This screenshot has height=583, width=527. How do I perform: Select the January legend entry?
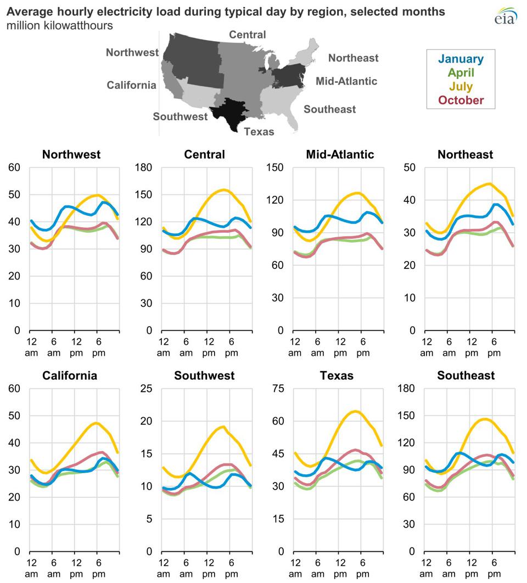coord(461,59)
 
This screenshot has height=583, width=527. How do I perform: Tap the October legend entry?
coord(461,100)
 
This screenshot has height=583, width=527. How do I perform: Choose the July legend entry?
coord(461,86)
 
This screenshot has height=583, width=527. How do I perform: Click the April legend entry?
coord(461,72)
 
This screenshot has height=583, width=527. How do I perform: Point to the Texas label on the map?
coord(259,131)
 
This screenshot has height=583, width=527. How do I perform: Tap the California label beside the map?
coord(131,85)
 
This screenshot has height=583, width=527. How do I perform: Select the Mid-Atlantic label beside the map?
coord(346,81)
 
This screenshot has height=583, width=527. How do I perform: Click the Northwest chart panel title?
coord(71,154)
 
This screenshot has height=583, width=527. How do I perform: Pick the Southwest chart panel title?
coord(204,375)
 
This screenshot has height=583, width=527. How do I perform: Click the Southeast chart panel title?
coord(466,375)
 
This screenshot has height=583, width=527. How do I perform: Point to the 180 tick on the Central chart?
coord(144,167)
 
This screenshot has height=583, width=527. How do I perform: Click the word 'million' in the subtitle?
coord(21,26)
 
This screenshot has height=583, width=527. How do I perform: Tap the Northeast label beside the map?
coord(353,58)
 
